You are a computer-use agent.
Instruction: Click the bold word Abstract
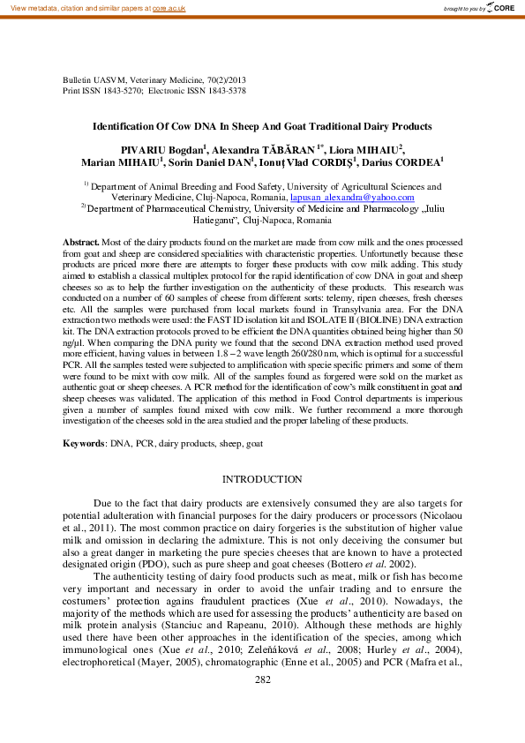80,242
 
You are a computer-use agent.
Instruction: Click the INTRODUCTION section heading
262,479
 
